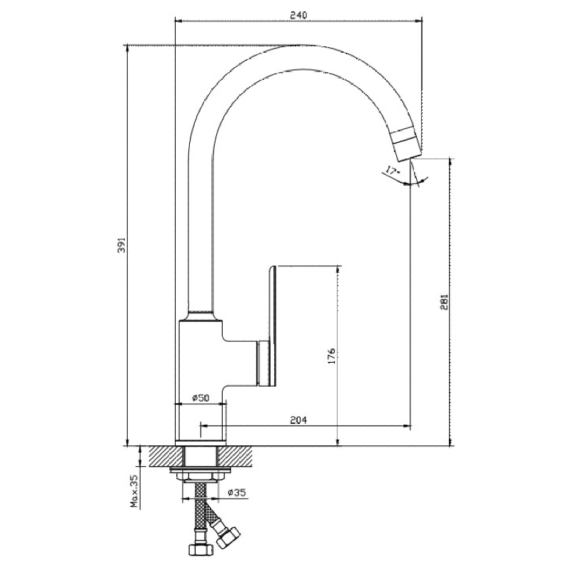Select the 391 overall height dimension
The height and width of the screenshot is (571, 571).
click(x=122, y=245)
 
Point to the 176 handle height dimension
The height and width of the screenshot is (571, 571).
click(x=330, y=355)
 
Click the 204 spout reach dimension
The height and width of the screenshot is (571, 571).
click(x=299, y=421)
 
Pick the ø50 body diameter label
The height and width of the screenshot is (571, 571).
click(x=200, y=398)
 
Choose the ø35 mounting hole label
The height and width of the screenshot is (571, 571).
click(x=236, y=492)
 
